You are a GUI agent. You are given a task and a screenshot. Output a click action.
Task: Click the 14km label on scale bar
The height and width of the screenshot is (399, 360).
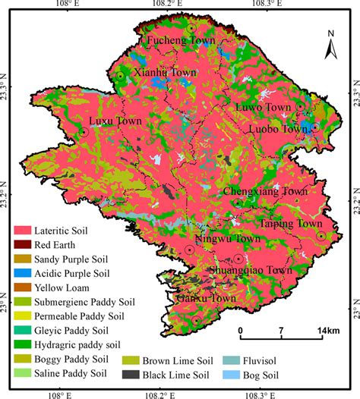click(x=327, y=331)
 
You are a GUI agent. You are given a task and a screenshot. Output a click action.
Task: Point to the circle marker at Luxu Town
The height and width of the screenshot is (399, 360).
click(x=84, y=131)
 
